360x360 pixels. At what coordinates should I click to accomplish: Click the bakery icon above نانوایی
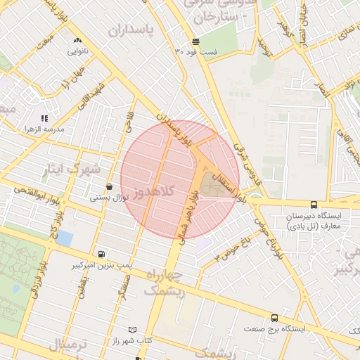(77, 41)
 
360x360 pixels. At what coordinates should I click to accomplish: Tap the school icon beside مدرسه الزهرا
(44, 118)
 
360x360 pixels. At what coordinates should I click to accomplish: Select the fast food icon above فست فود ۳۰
(195, 41)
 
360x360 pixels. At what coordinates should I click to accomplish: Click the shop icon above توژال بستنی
(109, 187)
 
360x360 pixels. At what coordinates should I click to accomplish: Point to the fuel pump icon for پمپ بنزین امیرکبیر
(103, 255)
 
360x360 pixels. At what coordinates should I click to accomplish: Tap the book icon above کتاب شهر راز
(133, 329)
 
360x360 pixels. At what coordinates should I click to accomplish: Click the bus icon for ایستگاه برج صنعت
(274, 318)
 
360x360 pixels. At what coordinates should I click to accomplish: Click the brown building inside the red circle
(210, 186)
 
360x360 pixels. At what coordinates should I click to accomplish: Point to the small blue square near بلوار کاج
(64, 238)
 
